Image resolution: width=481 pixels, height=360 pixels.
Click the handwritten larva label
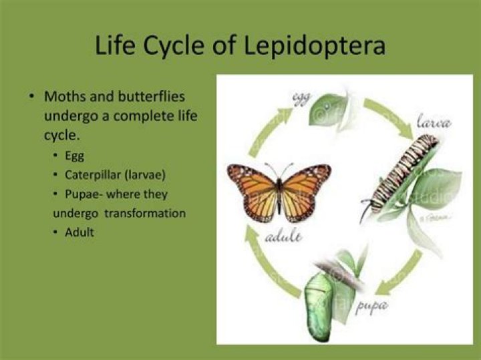tap(435, 123)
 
